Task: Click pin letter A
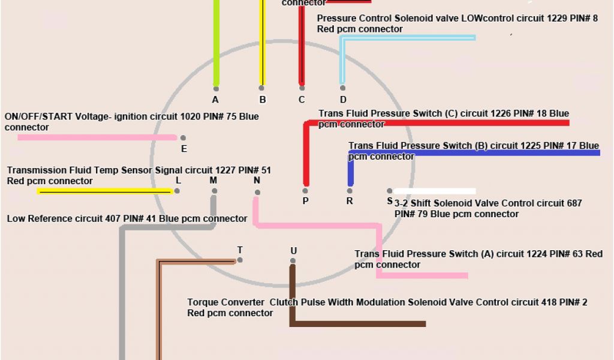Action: pyautogui.click(x=215, y=100)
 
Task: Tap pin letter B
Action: pyautogui.click(x=262, y=100)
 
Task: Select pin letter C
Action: pyautogui.click(x=302, y=100)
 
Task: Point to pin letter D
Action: pyautogui.click(x=343, y=100)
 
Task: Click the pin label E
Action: pyautogui.click(x=184, y=148)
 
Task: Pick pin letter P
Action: pyautogui.click(x=306, y=201)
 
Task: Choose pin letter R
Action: pyautogui.click(x=350, y=201)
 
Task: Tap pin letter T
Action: pyautogui.click(x=240, y=250)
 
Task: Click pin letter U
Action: pyautogui.click(x=293, y=250)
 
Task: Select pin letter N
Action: pyautogui.click(x=257, y=180)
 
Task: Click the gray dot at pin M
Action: pyautogui.click(x=214, y=191)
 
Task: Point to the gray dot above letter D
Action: pyautogui.click(x=343, y=88)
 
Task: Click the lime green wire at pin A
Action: pyautogui.click(x=216, y=42)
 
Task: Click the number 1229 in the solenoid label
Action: pyautogui.click(x=556, y=18)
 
